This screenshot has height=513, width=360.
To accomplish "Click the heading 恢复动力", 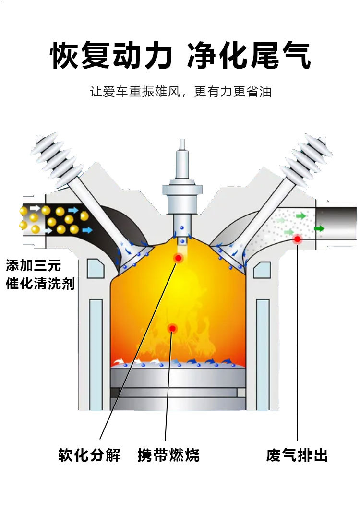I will coord(111,57).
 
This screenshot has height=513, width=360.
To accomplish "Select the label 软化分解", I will coord(89,454).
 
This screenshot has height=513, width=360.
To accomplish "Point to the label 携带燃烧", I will coord(168,454).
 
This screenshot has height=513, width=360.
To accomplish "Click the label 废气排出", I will coord(297,454).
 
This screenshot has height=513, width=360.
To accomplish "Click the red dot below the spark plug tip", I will coord(179,258).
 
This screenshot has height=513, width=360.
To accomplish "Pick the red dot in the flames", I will coord(171,328).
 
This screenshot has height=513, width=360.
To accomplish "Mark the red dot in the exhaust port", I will coord(298,239).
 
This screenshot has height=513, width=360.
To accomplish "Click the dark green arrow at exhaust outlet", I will coord(319,228).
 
